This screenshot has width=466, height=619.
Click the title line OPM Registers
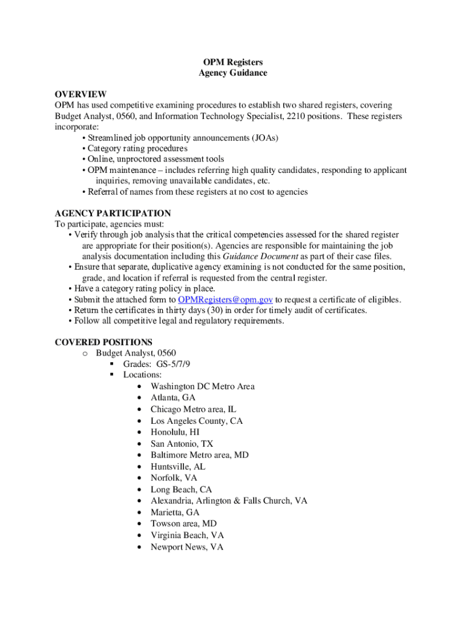click(232, 62)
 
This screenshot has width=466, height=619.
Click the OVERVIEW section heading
click(80, 94)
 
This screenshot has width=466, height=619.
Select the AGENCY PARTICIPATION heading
click(113, 213)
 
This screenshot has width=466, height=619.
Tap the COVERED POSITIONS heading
click(103, 342)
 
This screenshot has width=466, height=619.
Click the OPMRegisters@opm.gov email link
click(226, 299)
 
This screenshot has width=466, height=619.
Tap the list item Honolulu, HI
click(175, 432)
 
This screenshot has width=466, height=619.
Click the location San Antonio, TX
click(182, 444)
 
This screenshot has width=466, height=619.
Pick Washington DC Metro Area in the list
click(203, 386)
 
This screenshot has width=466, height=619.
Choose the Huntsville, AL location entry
click(178, 467)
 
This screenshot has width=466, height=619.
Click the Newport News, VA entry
click(187, 547)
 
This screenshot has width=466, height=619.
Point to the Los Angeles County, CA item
click(197, 421)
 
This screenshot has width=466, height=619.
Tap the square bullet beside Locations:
click(111, 375)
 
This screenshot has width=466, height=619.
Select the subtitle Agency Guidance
click(232, 73)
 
